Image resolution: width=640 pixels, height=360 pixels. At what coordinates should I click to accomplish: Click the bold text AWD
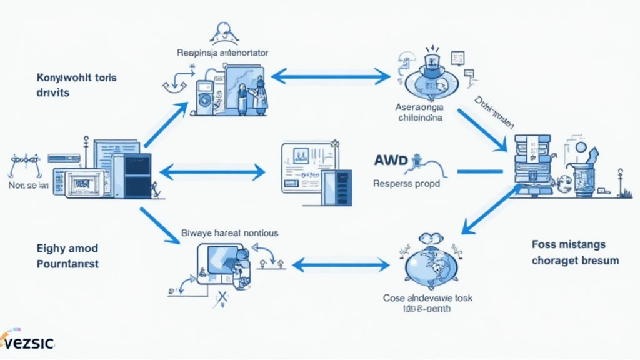pyautogui.click(x=391, y=161)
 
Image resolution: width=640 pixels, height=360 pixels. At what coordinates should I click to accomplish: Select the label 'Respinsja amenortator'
pyautogui.click(x=223, y=53)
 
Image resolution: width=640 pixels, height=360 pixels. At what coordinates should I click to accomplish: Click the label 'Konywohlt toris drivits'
pyautogui.click(x=77, y=85)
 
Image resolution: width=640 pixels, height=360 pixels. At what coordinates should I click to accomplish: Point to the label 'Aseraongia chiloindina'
pyautogui.click(x=419, y=112)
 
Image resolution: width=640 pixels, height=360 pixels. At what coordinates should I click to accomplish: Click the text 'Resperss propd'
pyautogui.click(x=406, y=184)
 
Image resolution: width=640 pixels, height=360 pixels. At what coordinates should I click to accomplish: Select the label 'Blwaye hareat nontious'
pyautogui.click(x=229, y=233)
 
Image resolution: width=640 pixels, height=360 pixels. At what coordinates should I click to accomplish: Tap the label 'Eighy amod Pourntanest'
pyautogui.click(x=67, y=256)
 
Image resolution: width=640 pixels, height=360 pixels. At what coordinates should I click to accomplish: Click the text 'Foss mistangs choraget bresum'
pyautogui.click(x=575, y=252)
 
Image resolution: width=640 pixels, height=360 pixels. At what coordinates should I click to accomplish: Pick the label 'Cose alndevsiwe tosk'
pyautogui.click(x=427, y=298)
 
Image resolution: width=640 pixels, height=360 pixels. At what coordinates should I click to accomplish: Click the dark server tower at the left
pyautogui.click(x=132, y=177)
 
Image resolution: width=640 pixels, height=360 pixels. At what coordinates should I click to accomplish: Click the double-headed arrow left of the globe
pyautogui.click(x=341, y=265)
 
